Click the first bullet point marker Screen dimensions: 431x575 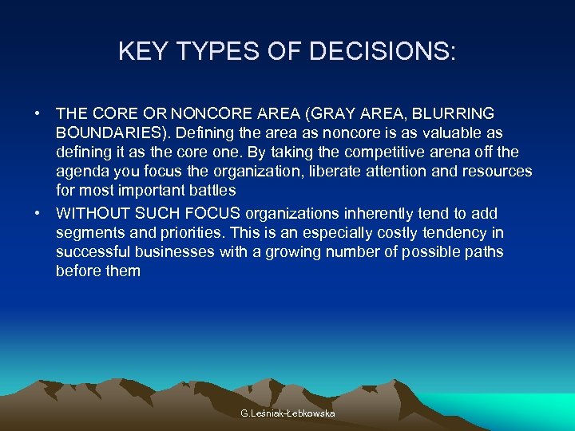click(38, 114)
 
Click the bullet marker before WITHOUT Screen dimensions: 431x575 click(38, 214)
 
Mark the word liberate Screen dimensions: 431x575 click(328, 171)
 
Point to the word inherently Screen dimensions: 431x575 click(377, 214)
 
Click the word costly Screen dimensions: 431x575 click(388, 233)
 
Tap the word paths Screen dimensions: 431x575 click(486, 252)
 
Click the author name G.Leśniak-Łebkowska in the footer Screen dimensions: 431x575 click(287, 413)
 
